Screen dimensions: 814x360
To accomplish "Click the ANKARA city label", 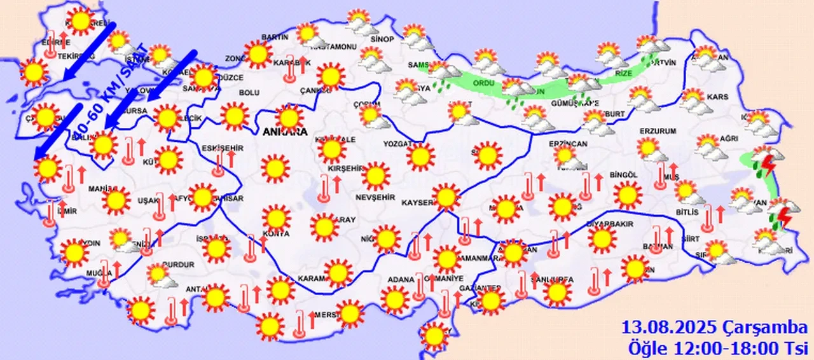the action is coord(284,132).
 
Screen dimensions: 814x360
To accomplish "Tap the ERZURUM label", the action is coord(657,131).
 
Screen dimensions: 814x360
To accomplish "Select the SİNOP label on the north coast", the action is coord(382,39).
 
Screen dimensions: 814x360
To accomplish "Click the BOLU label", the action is coord(249,93).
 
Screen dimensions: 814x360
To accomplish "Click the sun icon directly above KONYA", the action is coord(276,217).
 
